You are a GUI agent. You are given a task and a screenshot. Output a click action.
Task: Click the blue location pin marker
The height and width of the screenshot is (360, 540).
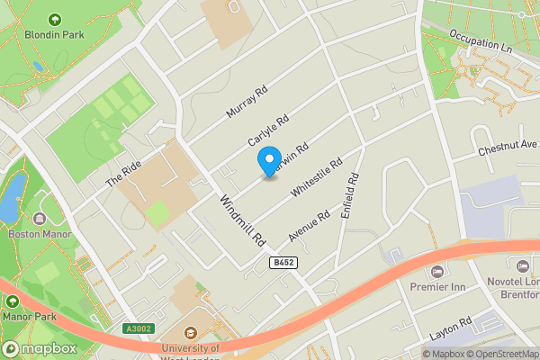click(268, 161)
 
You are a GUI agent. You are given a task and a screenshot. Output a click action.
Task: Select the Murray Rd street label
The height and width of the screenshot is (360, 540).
click(247, 103)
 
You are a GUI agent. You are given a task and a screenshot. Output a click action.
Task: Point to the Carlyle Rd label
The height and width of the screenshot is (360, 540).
click(268, 131)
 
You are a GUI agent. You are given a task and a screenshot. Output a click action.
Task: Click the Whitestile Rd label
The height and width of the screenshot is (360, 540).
click(318, 178)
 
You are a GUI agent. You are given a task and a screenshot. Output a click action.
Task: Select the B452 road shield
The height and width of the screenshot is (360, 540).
click(283, 261)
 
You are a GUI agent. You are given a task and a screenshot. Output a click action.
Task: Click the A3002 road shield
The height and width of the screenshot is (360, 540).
click(135, 329)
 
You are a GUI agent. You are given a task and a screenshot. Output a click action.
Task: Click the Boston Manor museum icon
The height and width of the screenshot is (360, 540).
click(39, 219)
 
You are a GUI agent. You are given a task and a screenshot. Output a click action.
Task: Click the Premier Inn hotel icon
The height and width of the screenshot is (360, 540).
click(437, 271)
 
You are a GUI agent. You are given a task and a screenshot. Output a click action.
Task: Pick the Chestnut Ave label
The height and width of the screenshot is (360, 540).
click(508, 145)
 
